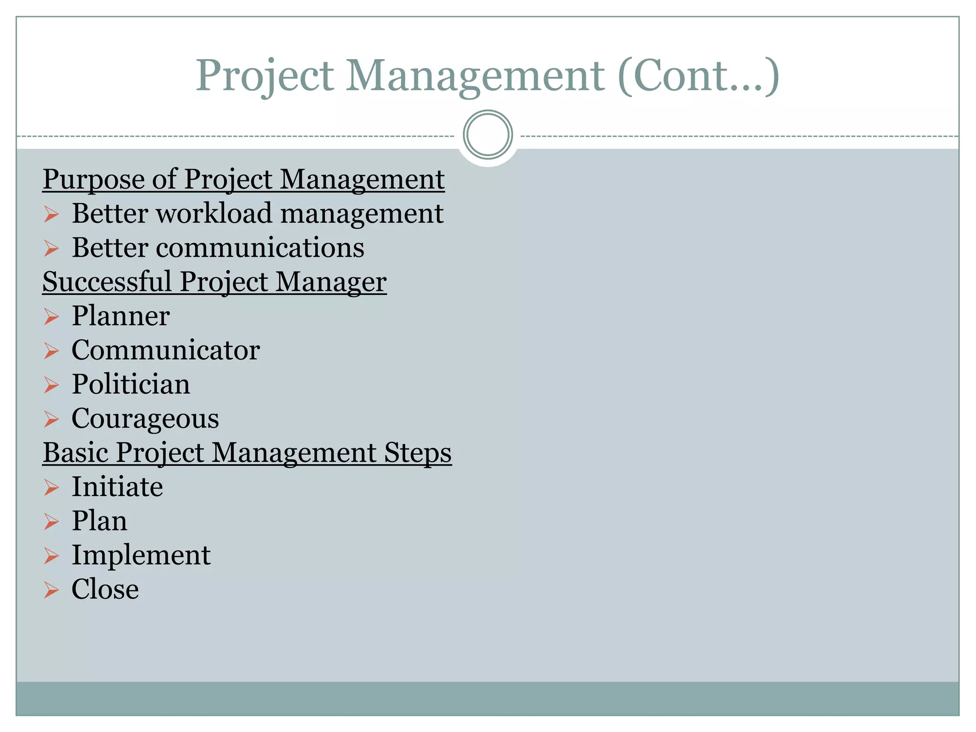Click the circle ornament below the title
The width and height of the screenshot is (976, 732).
click(488, 134)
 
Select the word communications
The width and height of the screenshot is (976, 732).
click(260, 248)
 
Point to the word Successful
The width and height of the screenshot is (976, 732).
click(107, 282)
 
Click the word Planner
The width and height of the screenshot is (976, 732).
click(121, 316)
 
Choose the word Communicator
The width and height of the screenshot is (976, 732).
click(165, 350)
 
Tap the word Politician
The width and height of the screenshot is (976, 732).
click(131, 385)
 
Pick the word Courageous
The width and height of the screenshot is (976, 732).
click(145, 419)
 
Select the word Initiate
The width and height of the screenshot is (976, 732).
click(117, 487)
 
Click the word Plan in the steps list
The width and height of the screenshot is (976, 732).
click(100, 521)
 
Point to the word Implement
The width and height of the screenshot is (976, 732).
click(141, 555)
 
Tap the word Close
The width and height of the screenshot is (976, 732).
click(105, 590)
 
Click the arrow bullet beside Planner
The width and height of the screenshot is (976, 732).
click(51, 316)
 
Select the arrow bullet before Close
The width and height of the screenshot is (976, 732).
click(51, 590)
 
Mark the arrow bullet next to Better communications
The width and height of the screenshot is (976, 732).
click(51, 248)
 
